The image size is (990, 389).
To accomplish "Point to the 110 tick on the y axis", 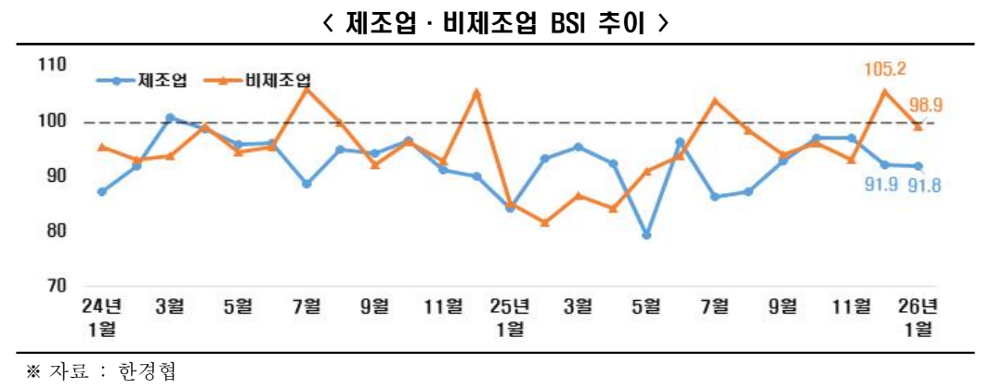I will (x=52, y=65).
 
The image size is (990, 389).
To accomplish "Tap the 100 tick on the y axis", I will (x=52, y=121).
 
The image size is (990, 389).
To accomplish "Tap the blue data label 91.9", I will (x=881, y=185).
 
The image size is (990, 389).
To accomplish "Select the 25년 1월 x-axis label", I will (x=510, y=316).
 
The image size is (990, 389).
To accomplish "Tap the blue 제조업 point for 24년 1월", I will (x=102, y=192).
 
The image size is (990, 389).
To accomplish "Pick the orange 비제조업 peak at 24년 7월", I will (x=307, y=90).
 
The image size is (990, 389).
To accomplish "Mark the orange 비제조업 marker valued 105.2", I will (x=884, y=91).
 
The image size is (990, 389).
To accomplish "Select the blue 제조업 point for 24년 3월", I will (x=170, y=118).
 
